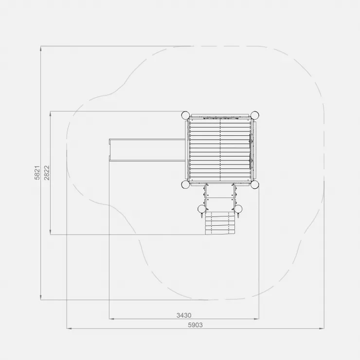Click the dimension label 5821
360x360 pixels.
point(37,173)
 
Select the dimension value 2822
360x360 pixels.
point(47,173)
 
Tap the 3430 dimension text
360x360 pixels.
point(184,315)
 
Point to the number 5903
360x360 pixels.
point(196,325)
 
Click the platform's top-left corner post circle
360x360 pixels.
point(185,115)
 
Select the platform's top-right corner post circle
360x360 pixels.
point(254,115)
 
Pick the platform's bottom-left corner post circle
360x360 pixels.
point(185,184)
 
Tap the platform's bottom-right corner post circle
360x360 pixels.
point(254,184)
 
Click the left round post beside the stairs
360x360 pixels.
point(202,209)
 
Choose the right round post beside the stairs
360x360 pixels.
point(238,209)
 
